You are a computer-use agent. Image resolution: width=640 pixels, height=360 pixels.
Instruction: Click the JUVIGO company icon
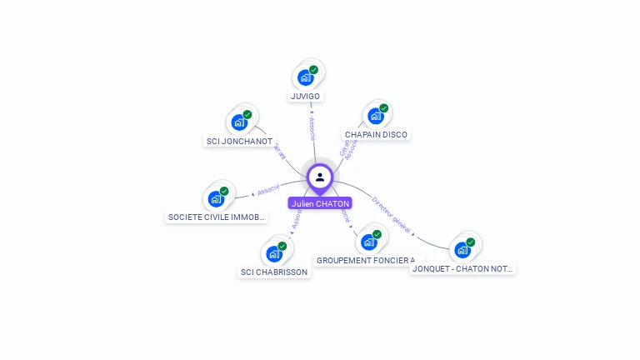pos(306,77)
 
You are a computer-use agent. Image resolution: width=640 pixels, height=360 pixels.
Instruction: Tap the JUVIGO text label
pos(306,96)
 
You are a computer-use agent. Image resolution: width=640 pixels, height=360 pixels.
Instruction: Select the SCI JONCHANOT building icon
pos(240,122)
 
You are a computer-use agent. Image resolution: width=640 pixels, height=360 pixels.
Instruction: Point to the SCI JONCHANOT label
pos(239,141)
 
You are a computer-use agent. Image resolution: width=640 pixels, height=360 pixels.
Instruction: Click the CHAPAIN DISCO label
pos(377,134)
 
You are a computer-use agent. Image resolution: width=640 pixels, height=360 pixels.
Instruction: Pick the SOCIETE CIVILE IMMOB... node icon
pos(216,198)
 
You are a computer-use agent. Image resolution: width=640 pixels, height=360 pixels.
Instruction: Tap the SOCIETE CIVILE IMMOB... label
pos(217,217)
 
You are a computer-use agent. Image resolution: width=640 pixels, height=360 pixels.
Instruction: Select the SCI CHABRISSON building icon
pos(274,253)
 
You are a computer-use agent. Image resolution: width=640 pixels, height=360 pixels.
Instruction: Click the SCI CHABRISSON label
pos(274,272)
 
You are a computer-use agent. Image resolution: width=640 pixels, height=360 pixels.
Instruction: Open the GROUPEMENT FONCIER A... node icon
pos(369,242)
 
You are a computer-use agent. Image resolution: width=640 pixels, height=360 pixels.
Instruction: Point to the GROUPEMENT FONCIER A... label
pos(366,260)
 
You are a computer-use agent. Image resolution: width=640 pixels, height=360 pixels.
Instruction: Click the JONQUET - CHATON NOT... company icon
pos(462,249)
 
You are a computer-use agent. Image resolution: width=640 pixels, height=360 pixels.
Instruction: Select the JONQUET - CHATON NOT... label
pos(463,268)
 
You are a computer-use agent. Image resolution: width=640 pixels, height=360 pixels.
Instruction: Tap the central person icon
pos(320,177)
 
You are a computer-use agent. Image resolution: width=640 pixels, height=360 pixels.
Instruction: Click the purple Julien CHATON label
pos(320,203)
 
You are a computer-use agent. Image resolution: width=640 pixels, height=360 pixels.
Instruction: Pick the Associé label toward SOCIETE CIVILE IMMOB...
pos(268,190)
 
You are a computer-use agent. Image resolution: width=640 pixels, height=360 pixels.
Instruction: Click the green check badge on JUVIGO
pos(313,70)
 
